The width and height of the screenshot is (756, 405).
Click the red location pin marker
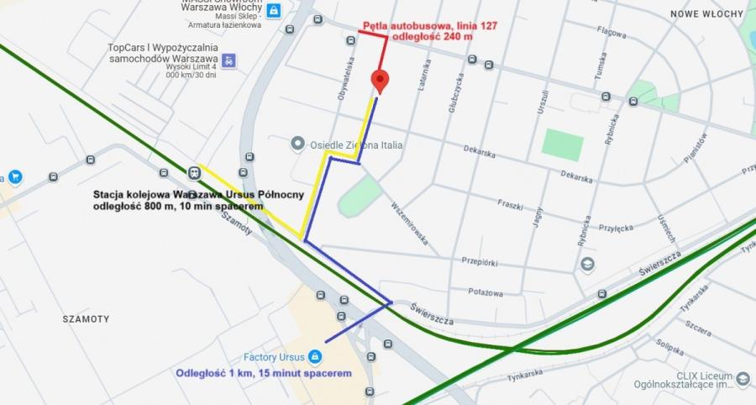(x=380, y=82)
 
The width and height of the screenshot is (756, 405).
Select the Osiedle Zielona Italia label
(x=356, y=145)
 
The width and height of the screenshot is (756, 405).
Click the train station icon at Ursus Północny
(x=194, y=173)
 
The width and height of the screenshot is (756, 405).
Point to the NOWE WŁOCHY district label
(x=706, y=14)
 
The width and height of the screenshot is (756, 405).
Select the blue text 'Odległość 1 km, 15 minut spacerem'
(x=262, y=373)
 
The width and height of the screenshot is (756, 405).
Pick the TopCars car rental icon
(x=228, y=60)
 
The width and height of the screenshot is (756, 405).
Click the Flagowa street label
(x=611, y=34)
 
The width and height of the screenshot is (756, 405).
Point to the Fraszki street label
(x=510, y=204)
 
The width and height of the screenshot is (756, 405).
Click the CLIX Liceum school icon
(x=743, y=381)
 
